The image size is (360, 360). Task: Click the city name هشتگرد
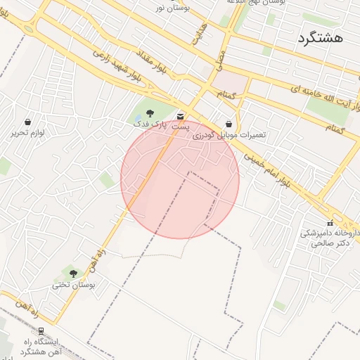pyautogui.click(x=320, y=38)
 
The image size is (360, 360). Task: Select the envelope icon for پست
pyautogui.click(x=181, y=116)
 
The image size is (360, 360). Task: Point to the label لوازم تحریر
pyautogui.click(x=28, y=132)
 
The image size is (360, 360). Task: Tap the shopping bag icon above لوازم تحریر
pyautogui.click(x=27, y=122)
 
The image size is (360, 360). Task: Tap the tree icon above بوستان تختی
pyautogui.click(x=73, y=274)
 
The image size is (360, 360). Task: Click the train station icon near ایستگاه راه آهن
pyautogui.click(x=41, y=331)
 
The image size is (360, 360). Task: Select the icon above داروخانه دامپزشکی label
pyautogui.click(x=330, y=223)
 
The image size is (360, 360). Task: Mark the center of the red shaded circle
pyautogui.click(x=180, y=179)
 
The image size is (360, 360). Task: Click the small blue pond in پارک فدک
pyautogui.click(x=136, y=115)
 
